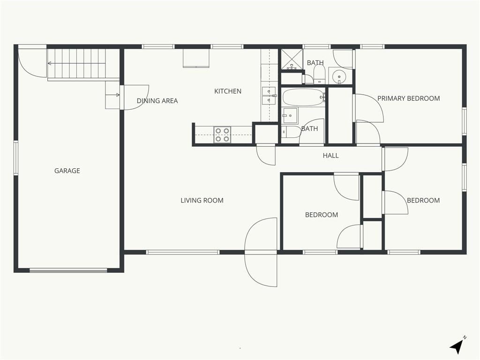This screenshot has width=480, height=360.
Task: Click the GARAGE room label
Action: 67,171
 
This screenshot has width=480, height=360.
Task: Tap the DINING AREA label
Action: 157,101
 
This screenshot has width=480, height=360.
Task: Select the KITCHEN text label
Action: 228,91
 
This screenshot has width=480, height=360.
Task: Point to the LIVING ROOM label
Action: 202,201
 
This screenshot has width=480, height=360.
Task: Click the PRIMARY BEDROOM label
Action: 408,98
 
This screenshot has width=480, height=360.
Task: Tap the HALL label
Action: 330,156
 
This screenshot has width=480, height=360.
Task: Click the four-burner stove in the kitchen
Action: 222,135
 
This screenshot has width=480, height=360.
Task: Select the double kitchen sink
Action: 269,96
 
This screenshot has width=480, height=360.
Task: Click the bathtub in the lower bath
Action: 303,97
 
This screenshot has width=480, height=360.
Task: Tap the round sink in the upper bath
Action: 339,75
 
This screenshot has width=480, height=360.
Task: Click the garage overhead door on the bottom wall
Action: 68,270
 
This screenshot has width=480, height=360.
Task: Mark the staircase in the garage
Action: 82,63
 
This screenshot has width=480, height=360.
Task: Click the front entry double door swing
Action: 261,252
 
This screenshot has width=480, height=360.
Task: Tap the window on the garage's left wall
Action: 16,158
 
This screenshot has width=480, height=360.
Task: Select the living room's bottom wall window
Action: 183,252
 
